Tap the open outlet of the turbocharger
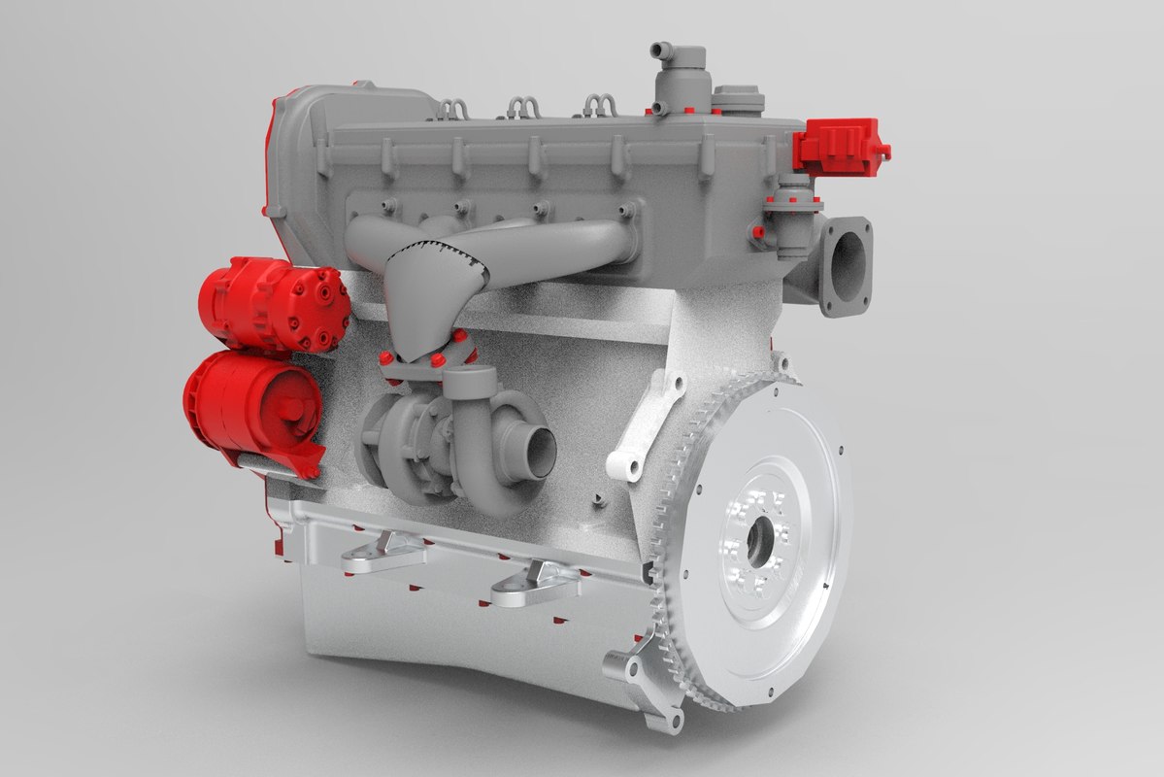pyautogui.click(x=539, y=446)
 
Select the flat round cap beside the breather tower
pyautogui.click(x=738, y=97)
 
